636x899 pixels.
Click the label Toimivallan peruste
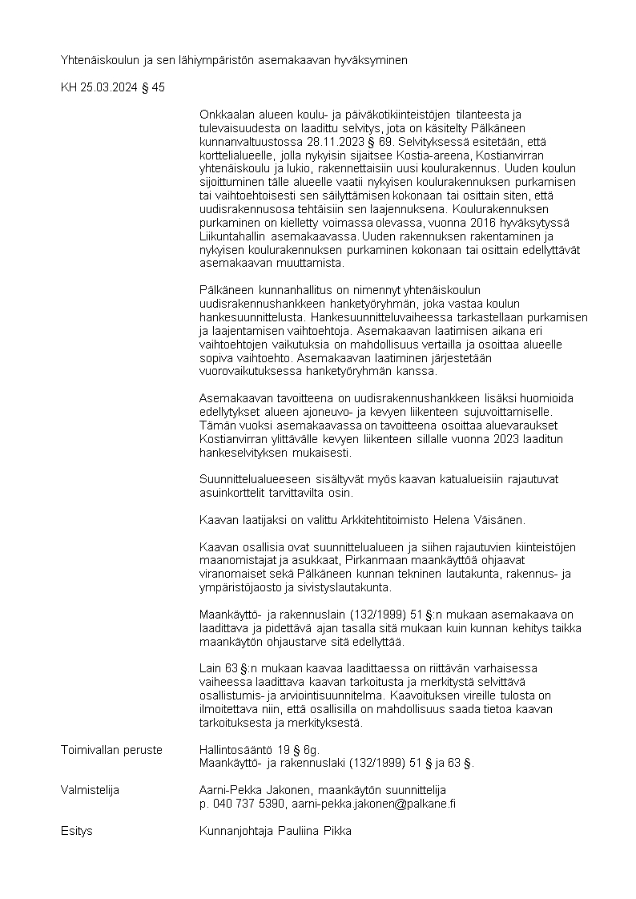111,750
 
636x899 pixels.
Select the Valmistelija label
90,790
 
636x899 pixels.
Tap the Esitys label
77,831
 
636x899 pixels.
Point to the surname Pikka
336,831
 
